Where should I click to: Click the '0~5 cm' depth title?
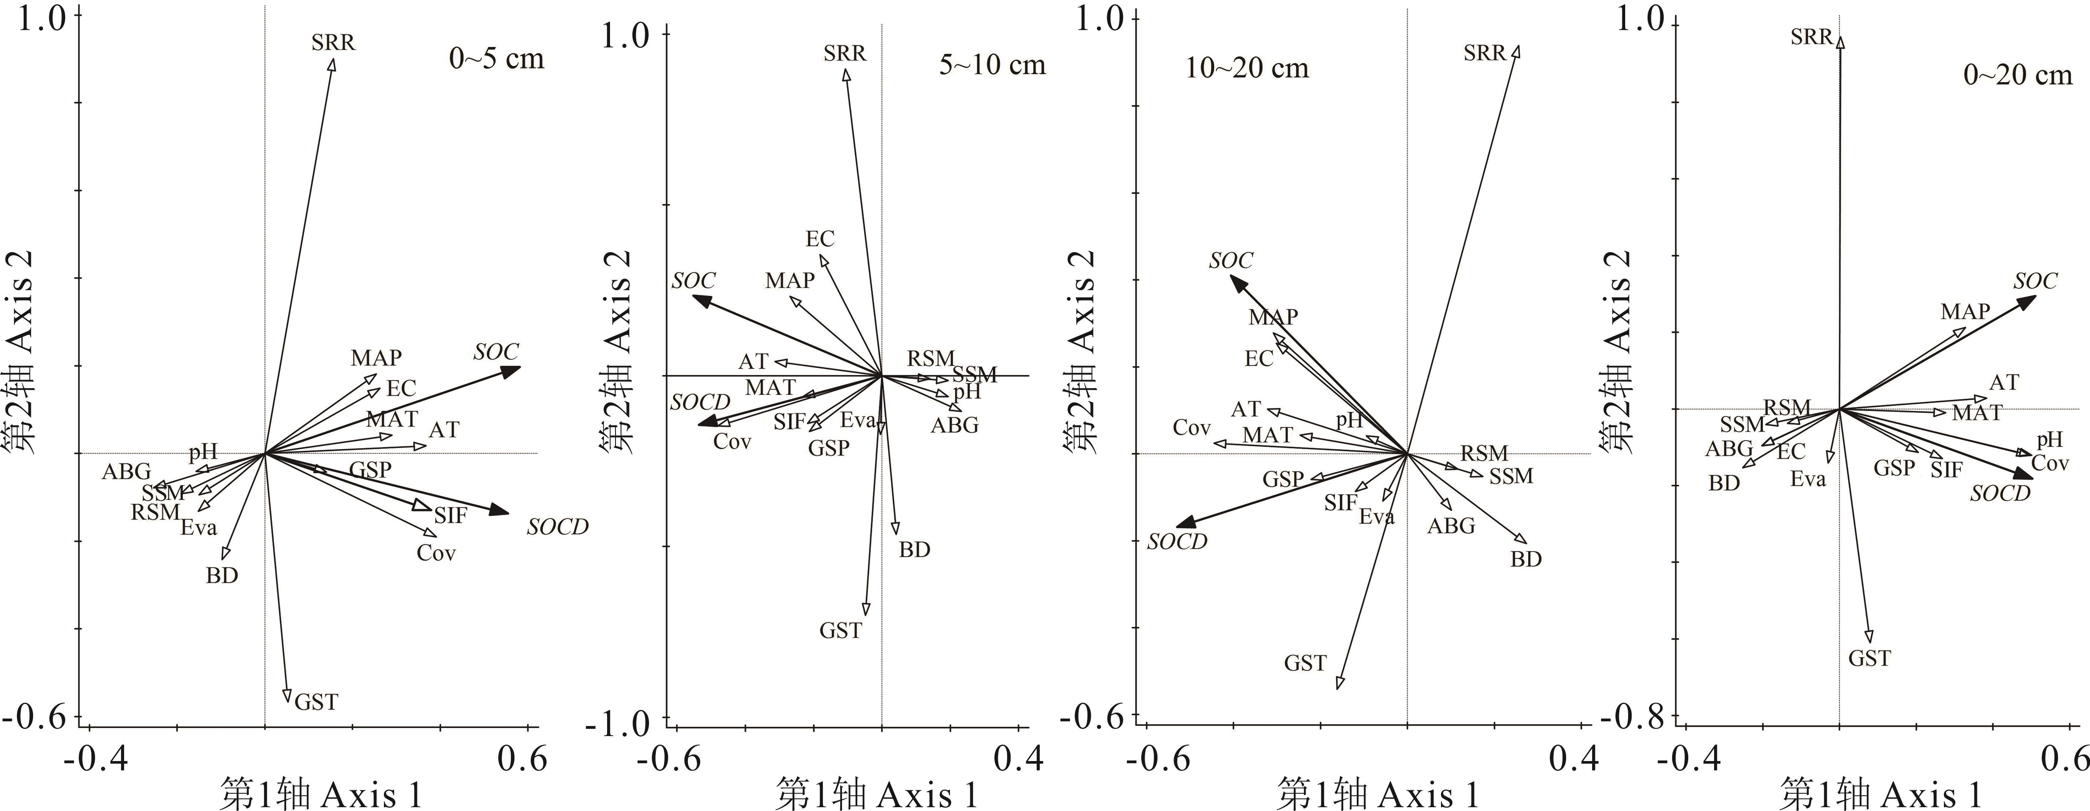click(497, 59)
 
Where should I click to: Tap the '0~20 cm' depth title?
click(2017, 75)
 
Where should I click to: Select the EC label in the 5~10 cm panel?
click(820, 239)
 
